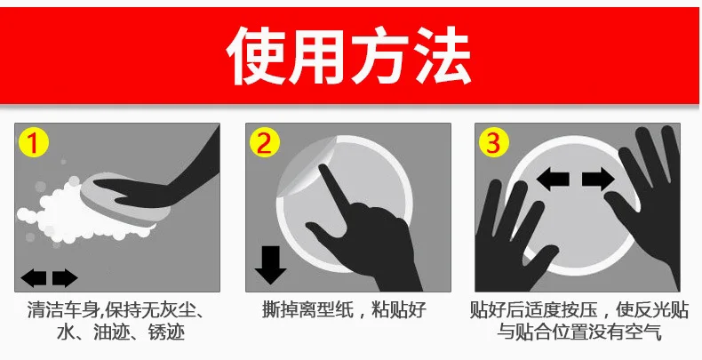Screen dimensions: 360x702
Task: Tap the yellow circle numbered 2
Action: point(265,142)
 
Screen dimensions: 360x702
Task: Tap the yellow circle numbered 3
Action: point(495,142)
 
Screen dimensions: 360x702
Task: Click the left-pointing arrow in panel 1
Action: point(34,278)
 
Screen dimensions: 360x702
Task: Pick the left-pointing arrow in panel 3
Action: point(553,180)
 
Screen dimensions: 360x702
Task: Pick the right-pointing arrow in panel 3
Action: point(597,180)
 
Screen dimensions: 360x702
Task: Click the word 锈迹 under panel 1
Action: point(167,333)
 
